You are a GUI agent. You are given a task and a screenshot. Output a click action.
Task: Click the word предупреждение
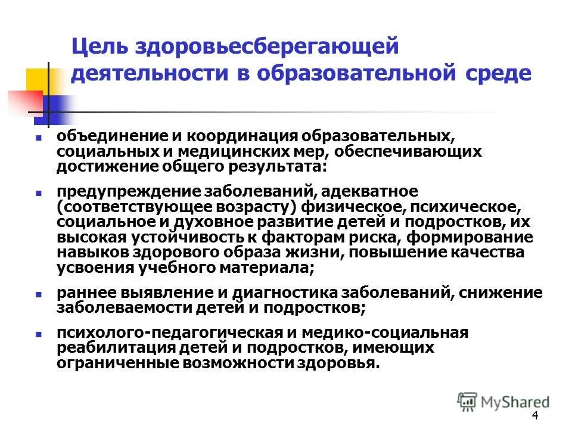click(129, 191)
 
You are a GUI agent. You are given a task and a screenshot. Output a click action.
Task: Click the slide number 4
click(534, 416)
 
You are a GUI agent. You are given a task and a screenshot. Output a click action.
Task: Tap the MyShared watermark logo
click(503, 400)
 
